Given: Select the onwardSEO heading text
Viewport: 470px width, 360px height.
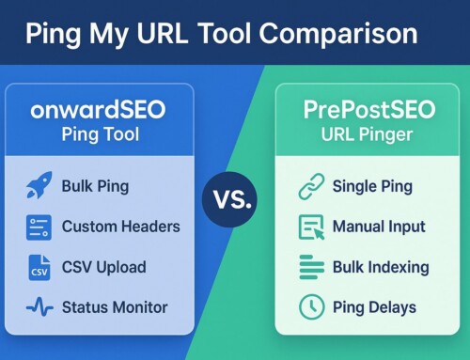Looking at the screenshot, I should tap(98, 111).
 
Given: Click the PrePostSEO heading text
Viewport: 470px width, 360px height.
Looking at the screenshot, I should tap(368, 111).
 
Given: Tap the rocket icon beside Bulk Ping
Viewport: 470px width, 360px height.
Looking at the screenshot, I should tap(39, 186).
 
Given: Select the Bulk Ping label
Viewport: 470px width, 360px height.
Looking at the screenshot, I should tap(97, 186).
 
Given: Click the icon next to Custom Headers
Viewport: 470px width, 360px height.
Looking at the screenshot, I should tap(39, 227).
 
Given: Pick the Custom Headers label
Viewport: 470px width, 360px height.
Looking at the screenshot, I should tap(120, 227).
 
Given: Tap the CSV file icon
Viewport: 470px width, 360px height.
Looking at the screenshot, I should tap(39, 267).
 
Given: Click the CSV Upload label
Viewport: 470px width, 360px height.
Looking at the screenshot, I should tap(103, 267).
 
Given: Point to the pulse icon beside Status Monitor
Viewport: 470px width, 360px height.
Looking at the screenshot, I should tap(39, 307).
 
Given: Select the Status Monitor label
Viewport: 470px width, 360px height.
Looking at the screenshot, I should tap(115, 307).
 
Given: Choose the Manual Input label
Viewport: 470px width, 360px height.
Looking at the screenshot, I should tap(379, 227).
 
